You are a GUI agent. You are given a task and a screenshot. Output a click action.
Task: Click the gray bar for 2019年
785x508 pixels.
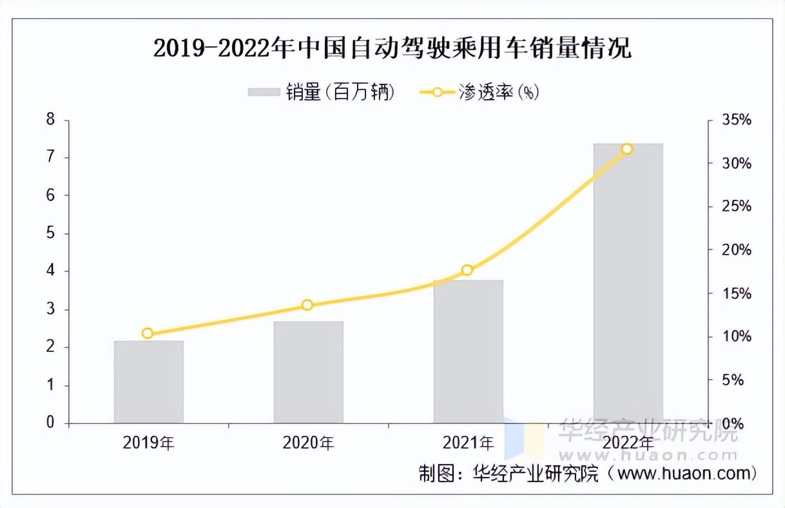click(148, 382)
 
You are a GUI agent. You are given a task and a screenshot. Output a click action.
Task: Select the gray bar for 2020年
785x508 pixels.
click(308, 372)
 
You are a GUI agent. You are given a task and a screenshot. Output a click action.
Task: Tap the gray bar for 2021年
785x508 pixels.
click(468, 351)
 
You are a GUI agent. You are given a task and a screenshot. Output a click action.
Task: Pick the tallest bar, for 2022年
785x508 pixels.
click(628, 283)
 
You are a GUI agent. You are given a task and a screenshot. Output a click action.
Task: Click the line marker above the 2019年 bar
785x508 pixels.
click(148, 333)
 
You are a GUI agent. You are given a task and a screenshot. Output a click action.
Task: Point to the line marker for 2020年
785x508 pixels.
click(307, 305)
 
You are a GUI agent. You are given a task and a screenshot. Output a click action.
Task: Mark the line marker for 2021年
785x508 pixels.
click(467, 271)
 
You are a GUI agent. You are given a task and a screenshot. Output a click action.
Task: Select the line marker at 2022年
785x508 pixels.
click(627, 150)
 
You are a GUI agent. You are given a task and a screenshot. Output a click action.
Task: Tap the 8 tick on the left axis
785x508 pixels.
click(49, 120)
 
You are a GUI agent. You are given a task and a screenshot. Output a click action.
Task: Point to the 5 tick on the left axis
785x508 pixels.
click(49, 234)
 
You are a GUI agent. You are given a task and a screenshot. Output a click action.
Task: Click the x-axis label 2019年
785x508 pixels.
click(148, 444)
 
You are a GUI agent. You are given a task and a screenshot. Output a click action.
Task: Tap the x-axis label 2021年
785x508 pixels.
click(468, 444)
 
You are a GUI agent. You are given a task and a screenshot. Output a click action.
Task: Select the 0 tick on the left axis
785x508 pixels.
click(49, 423)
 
